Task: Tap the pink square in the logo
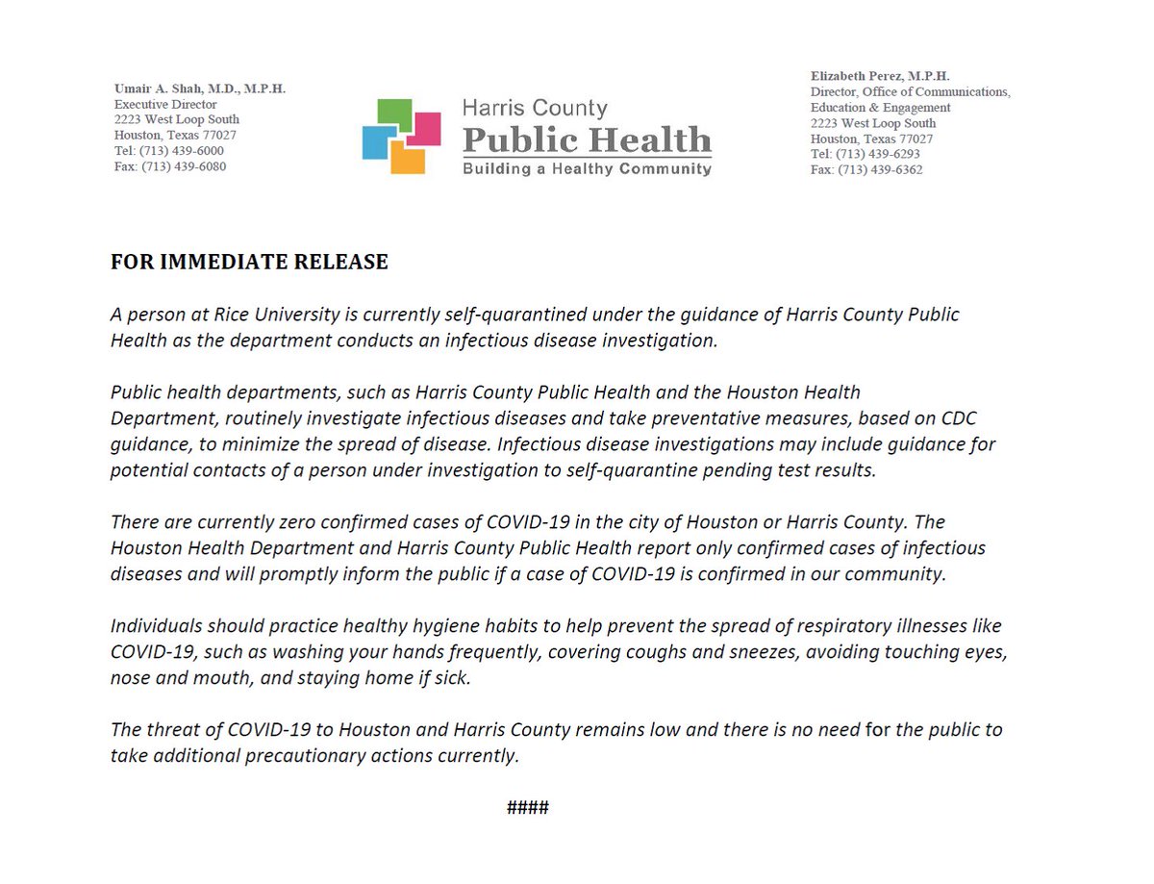[x=424, y=128]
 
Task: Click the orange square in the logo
[x=408, y=158]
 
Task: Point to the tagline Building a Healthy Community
[x=587, y=169]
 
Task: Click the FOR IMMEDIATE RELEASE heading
[x=249, y=262]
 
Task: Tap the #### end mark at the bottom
[x=528, y=806]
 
